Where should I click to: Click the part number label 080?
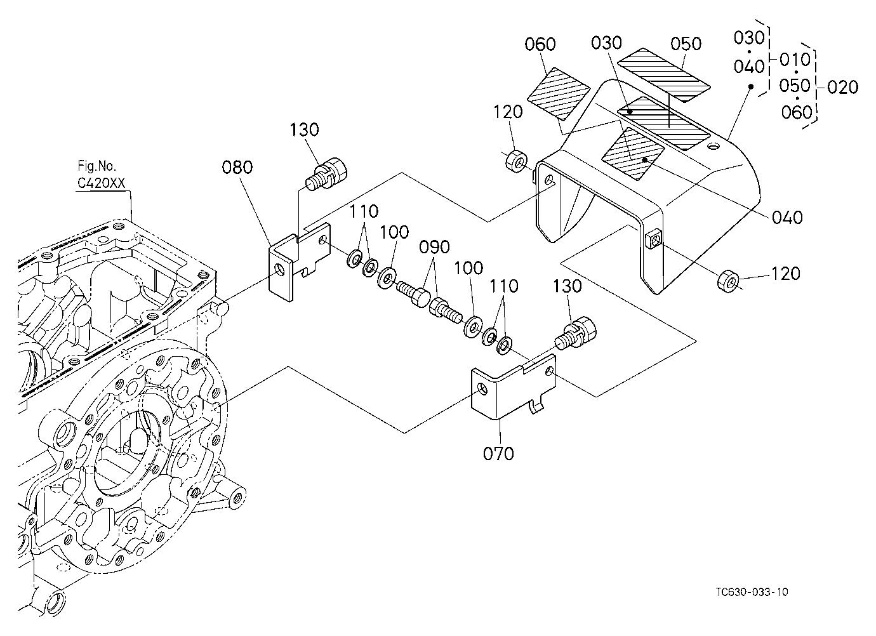pos(237,168)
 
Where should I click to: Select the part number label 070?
pos(498,454)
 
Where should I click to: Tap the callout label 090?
pos(434,247)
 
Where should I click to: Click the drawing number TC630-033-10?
pos(752,592)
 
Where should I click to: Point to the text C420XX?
pos(102,183)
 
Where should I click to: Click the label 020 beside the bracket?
pos(843,87)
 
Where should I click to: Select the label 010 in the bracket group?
pos(795,60)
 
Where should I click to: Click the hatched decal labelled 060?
pos(559,94)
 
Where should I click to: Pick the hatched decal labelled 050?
pos(663,75)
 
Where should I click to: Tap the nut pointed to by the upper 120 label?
pos(516,161)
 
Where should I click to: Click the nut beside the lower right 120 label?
pos(728,281)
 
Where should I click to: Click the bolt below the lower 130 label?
pos(576,333)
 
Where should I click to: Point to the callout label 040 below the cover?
pos(787,218)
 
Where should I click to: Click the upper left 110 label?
pos(364,211)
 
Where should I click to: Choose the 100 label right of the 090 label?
pos(468,268)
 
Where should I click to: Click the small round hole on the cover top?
pos(713,147)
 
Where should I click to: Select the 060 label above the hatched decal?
pos(540,44)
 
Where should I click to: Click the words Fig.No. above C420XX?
pos(97,166)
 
